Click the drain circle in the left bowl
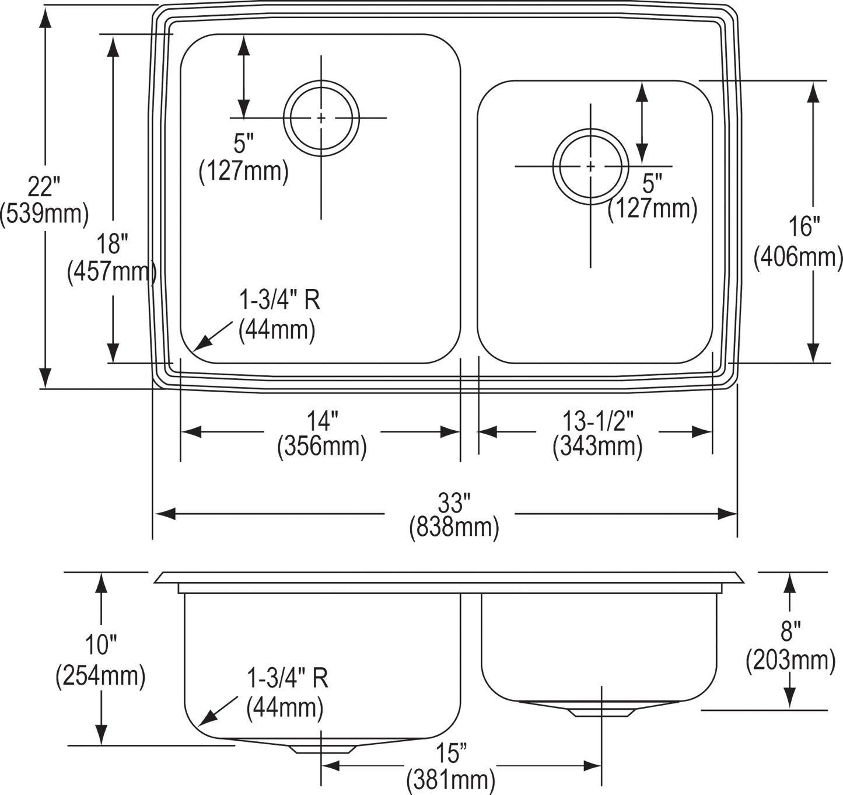coord(321,117)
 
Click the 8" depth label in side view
coord(790,630)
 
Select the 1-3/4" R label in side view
coord(288,679)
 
